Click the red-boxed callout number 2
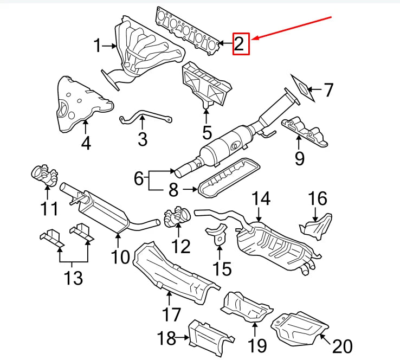tap(241, 44)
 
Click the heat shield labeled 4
tap(84, 104)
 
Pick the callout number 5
tap(207, 131)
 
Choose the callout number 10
tap(121, 255)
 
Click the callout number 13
tap(73, 278)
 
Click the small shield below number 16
tap(318, 224)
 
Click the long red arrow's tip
tap(253, 39)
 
